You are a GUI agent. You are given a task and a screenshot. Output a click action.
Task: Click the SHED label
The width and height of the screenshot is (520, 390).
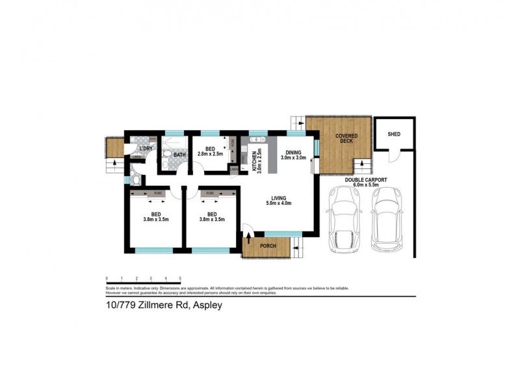click(x=394, y=135)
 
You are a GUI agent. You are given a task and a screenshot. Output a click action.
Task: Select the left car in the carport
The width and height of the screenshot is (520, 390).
click(x=345, y=218)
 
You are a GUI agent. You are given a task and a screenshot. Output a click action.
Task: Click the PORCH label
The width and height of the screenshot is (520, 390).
click(x=268, y=246)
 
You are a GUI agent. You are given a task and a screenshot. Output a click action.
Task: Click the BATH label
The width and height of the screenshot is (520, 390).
click(x=179, y=154)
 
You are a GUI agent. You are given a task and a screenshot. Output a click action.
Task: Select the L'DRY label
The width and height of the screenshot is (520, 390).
click(x=146, y=148)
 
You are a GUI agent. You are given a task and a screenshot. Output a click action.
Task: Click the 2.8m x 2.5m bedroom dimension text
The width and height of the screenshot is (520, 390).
click(x=210, y=154)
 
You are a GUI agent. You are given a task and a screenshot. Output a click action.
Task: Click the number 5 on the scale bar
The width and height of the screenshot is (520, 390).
click(x=180, y=278)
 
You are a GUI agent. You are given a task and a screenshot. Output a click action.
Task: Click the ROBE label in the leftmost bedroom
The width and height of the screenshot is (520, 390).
click(x=158, y=194)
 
